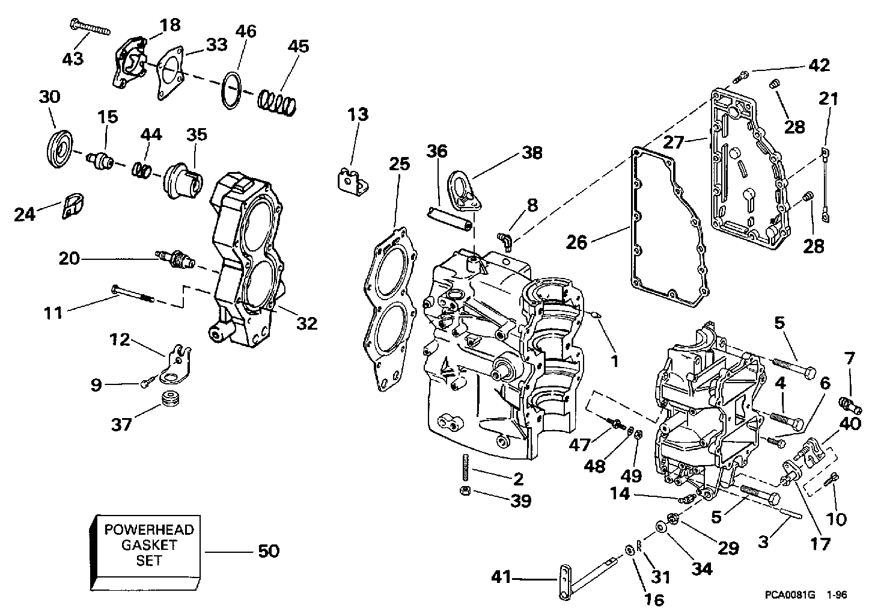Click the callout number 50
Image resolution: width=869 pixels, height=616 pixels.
tap(269, 551)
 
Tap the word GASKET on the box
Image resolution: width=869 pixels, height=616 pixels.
tap(150, 545)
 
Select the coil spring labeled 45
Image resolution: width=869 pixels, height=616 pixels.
tap(277, 102)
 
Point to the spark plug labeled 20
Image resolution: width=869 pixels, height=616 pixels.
tap(174, 258)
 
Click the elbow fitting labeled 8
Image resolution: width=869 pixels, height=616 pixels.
tap(505, 241)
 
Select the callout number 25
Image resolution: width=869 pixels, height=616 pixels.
tap(400, 164)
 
